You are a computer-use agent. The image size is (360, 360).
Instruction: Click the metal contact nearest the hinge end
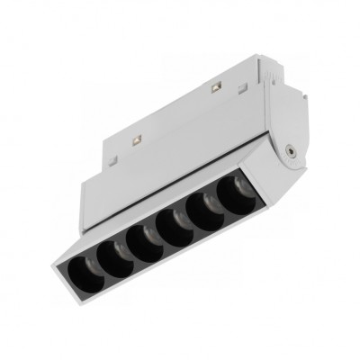217,88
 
